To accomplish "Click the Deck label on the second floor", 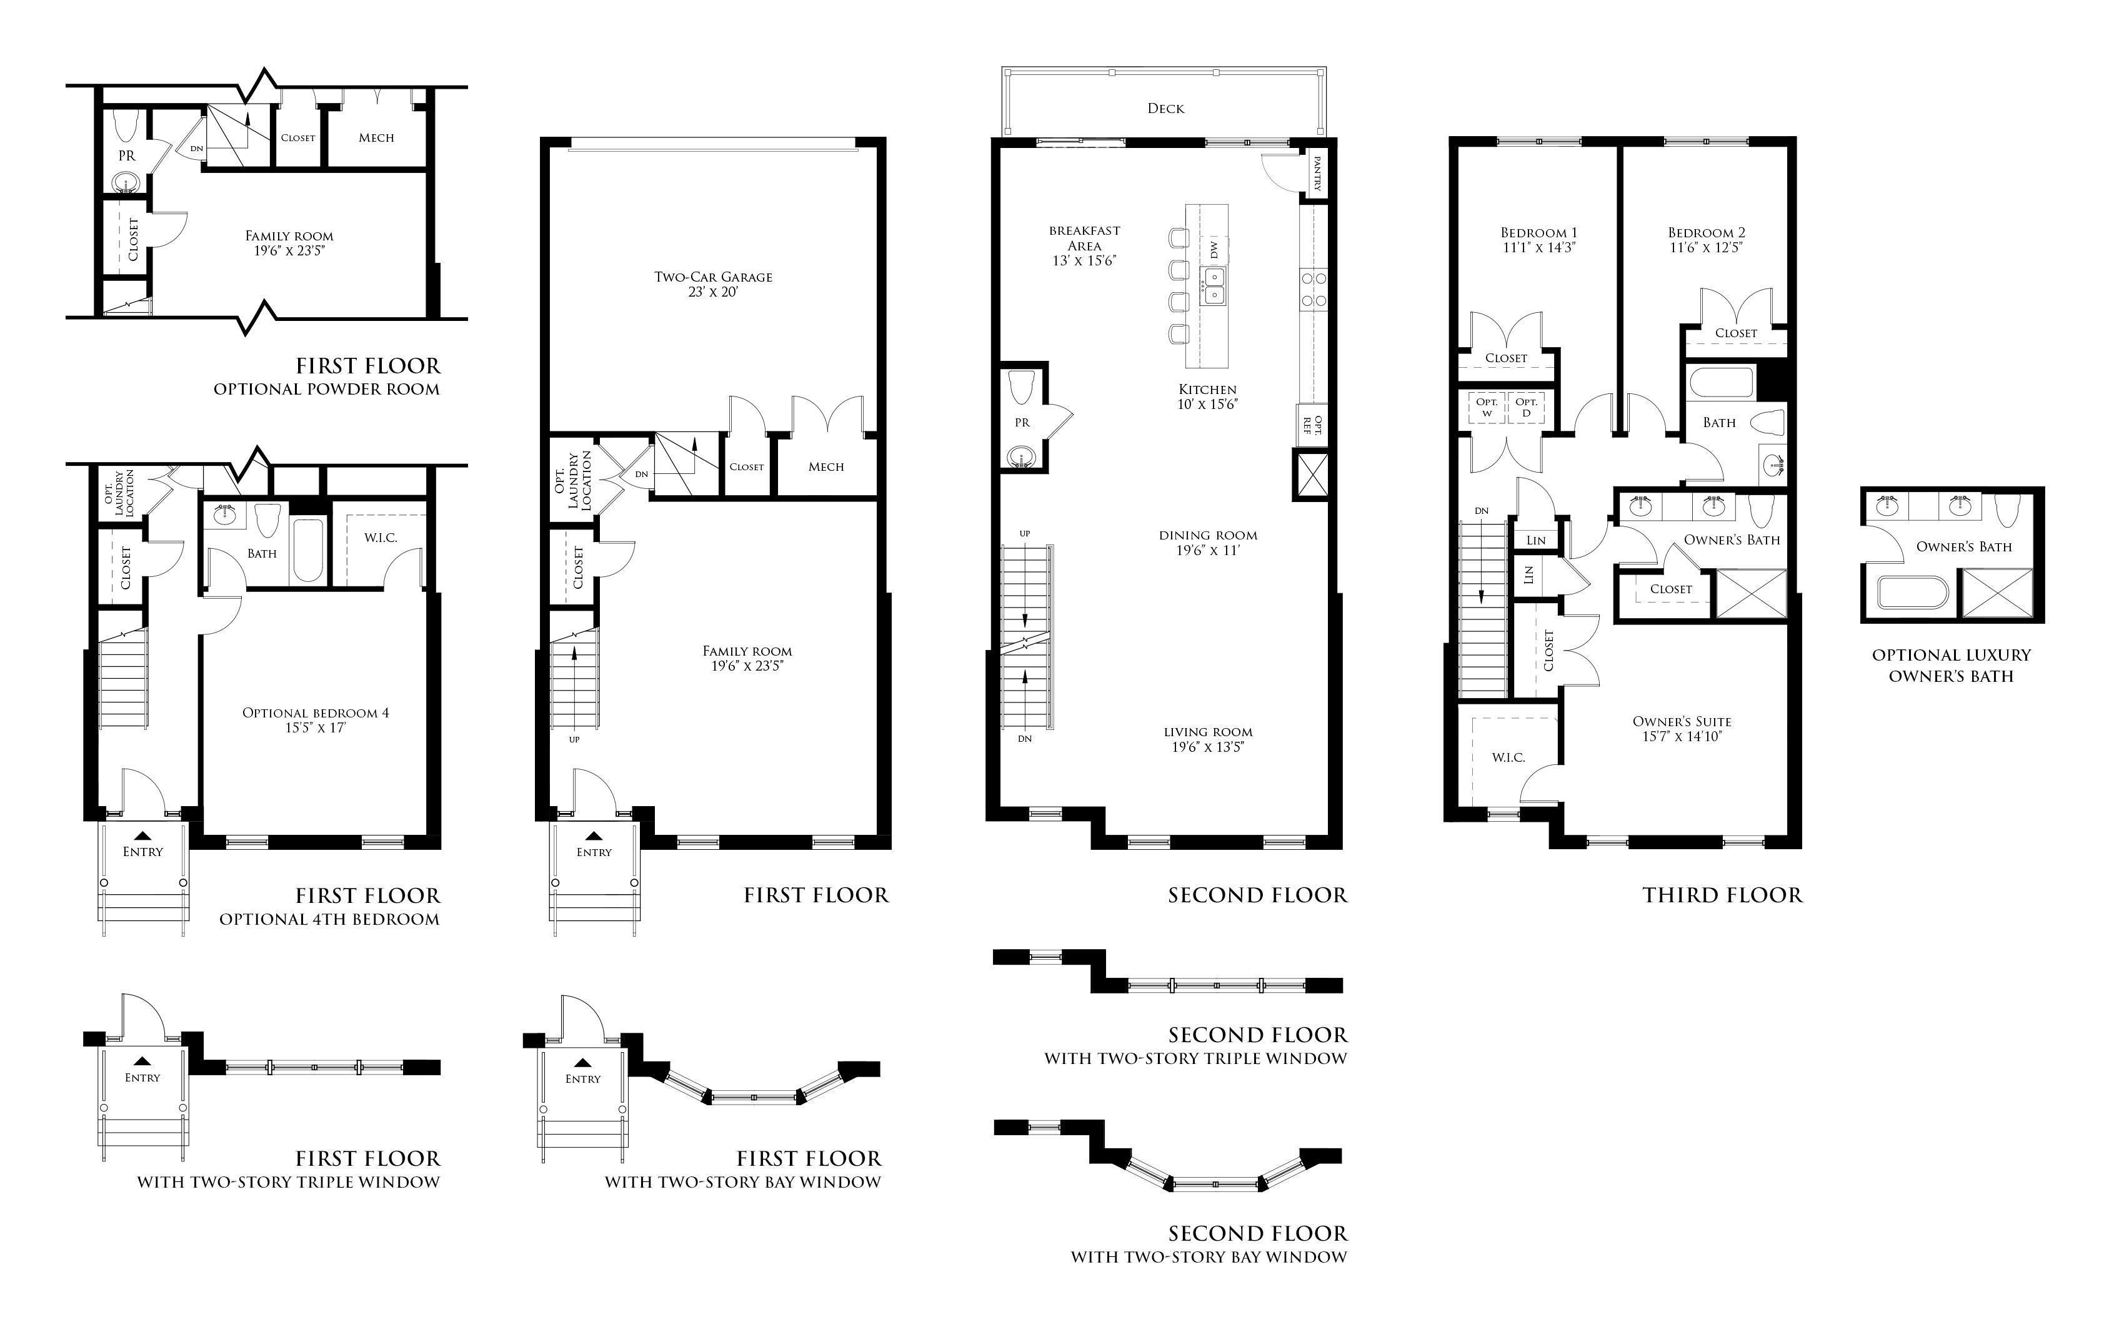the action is coord(1165,108).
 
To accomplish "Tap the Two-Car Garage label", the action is coord(713,277).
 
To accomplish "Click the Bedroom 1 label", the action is coord(1538,232).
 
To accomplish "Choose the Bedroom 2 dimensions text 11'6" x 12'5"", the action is coord(1707,247).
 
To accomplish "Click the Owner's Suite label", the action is coord(1682,721).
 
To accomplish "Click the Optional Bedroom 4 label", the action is coord(316,712).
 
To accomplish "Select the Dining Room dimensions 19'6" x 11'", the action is coord(1209,550).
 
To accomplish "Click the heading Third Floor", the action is coord(1722,895).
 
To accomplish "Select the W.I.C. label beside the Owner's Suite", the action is coord(1508,757).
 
